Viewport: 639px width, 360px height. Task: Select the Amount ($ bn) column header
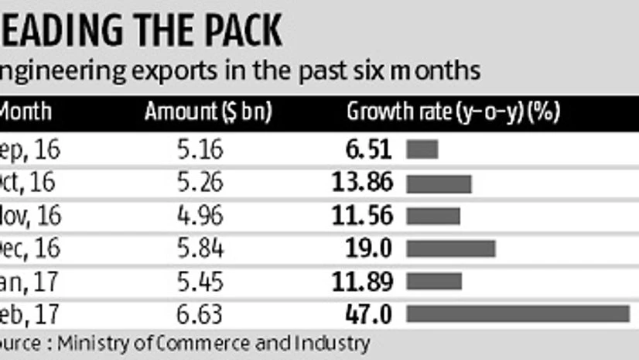pos(208,112)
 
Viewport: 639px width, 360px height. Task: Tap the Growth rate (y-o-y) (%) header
pos(453,112)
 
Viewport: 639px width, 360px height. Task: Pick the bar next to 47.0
pos(518,314)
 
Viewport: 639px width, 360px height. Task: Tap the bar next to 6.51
pos(422,149)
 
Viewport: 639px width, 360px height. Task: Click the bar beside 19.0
pos(451,248)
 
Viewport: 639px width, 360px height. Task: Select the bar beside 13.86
pos(439,183)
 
